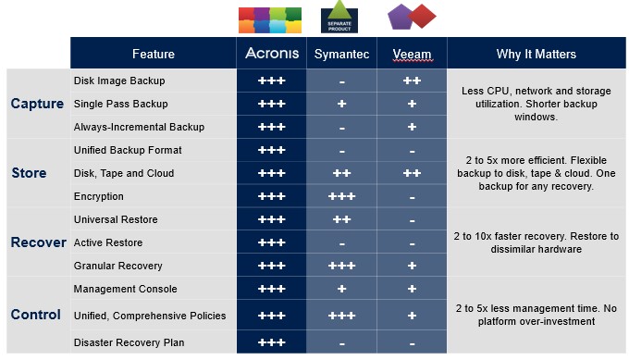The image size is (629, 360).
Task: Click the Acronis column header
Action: click(272, 53)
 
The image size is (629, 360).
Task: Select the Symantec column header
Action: click(341, 54)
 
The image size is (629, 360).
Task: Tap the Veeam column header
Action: click(412, 54)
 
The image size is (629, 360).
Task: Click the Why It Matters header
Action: click(536, 54)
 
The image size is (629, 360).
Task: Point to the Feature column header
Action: click(154, 54)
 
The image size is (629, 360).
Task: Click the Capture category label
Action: click(37, 104)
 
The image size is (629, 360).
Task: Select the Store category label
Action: click(29, 173)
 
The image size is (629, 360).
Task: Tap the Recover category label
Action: click(39, 242)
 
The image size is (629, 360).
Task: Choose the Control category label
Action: click(36, 315)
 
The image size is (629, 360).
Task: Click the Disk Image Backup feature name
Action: click(119, 81)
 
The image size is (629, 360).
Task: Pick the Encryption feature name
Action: click(99, 196)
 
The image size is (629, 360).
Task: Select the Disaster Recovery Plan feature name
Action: click(129, 342)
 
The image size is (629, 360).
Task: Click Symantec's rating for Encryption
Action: click(341, 196)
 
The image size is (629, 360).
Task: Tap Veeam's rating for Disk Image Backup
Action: click(412, 81)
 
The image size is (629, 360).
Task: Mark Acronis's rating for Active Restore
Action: click(272, 242)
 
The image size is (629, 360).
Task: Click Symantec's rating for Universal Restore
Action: click(341, 219)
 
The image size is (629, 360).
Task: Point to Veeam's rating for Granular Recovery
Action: click(412, 266)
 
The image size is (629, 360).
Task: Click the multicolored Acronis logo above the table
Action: click(270, 20)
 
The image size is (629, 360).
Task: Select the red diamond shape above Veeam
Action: click(422, 16)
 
